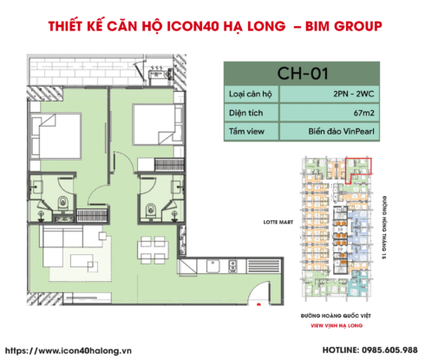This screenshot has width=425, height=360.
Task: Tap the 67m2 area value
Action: (347, 112)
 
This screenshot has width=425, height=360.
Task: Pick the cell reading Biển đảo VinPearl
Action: (347, 131)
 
